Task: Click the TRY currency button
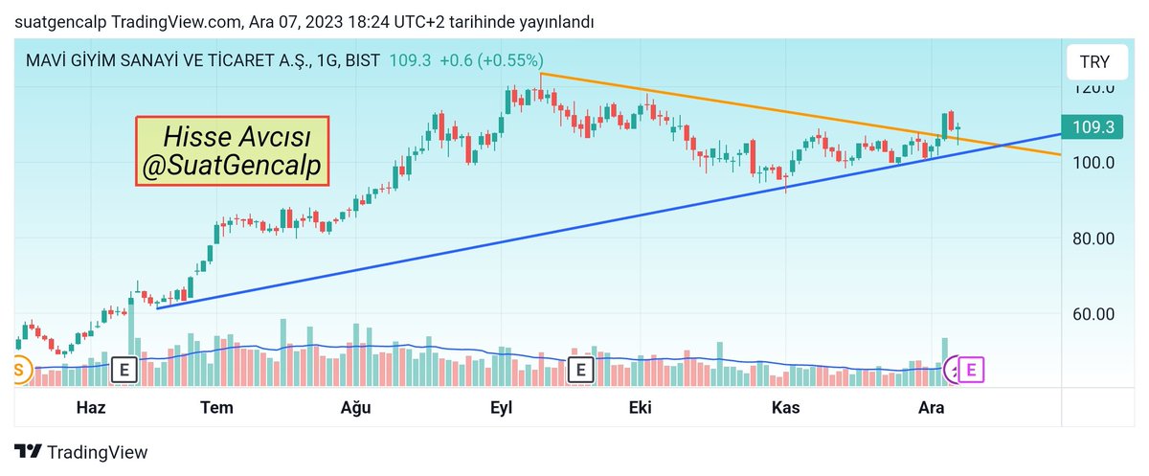tap(1094, 62)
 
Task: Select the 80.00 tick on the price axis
tap(1093, 238)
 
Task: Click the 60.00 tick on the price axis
tap(1093, 313)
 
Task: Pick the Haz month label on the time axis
tap(90, 407)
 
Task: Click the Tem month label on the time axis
tap(216, 407)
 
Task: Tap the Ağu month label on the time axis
tap(357, 407)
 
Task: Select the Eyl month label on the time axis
tap(501, 407)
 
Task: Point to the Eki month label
tap(640, 407)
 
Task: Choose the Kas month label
tap(786, 407)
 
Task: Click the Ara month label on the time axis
tap(931, 407)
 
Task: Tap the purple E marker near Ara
tap(971, 369)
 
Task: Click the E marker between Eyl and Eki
tap(580, 369)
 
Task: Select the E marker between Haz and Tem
tap(124, 369)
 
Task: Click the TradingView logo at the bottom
tap(82, 452)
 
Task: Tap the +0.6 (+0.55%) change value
tap(491, 60)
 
